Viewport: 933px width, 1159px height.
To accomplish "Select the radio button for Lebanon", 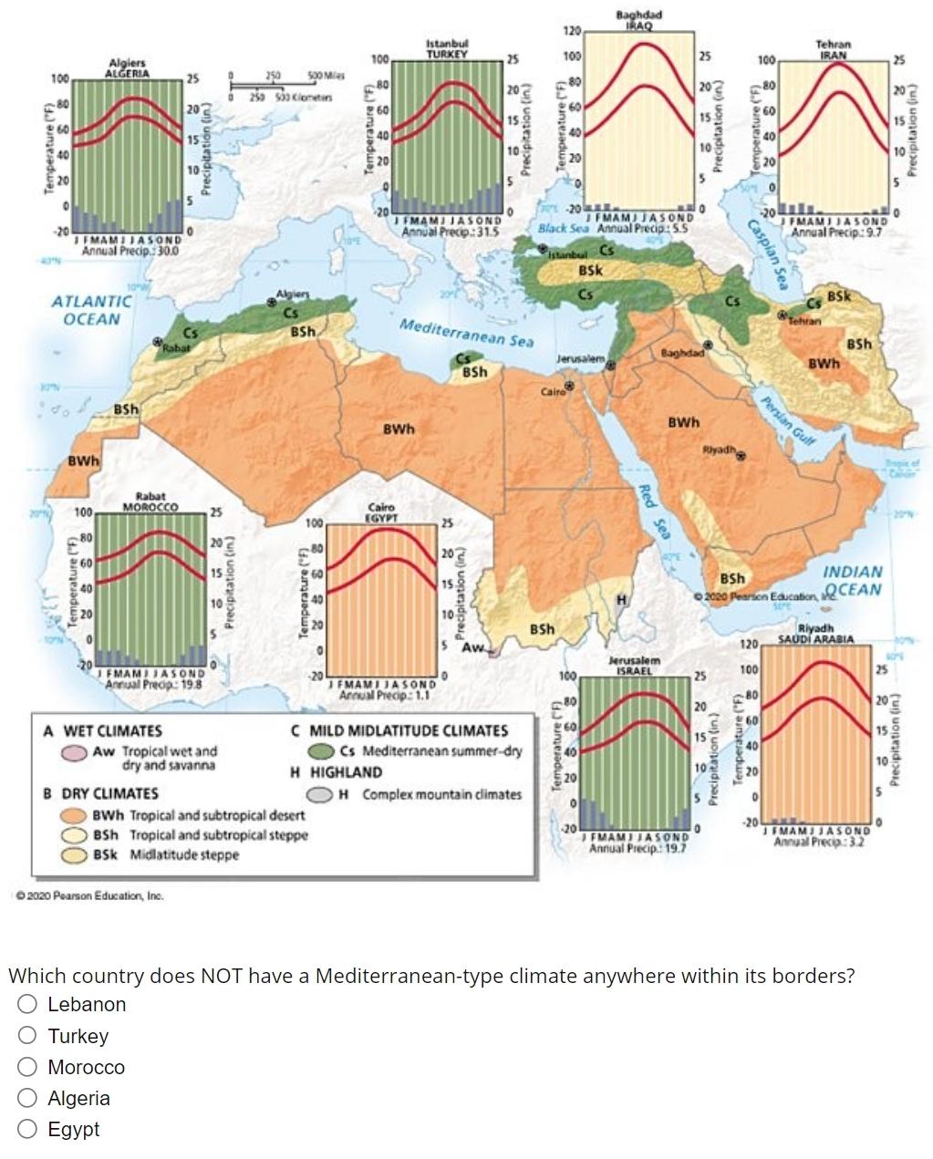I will coord(28,1005).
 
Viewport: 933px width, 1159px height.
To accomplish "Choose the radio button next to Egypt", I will coord(28,1130).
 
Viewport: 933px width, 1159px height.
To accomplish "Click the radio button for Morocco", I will coord(28,1067).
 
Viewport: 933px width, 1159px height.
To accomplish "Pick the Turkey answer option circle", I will coord(28,1036).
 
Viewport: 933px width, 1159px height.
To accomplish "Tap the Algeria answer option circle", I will coord(28,1098).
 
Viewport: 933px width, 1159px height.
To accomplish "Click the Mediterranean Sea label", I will coord(466,333).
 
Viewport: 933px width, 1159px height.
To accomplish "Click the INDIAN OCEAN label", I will coord(853,580).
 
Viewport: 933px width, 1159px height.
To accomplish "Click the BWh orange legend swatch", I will coord(75,815).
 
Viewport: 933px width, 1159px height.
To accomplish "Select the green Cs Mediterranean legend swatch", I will coord(321,751).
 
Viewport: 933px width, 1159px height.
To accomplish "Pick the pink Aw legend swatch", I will coord(75,752).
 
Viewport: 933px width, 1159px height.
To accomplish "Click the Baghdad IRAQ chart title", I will coord(639,20).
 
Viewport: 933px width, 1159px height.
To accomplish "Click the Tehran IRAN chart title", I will coord(833,49).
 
